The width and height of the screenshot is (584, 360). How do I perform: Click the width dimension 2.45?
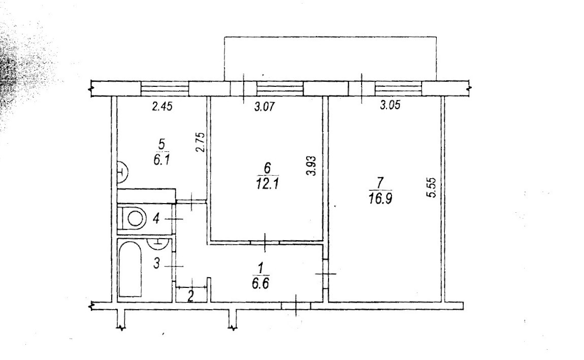click(163, 107)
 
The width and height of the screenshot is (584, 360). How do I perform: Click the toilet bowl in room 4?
click(135, 219)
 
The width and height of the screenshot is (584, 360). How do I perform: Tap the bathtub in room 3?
click(130, 269)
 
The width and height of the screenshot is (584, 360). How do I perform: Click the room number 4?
click(156, 219)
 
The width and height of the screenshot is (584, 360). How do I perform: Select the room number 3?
click(156, 264)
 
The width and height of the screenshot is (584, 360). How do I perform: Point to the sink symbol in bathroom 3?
click(157, 243)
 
